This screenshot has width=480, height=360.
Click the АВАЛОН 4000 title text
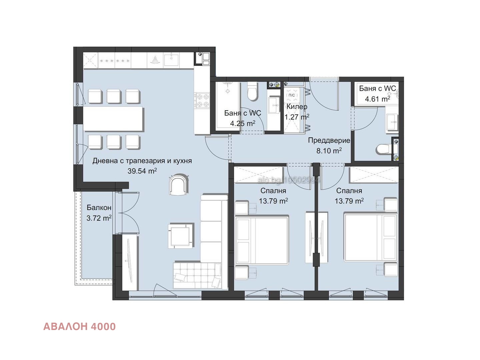click(79, 326)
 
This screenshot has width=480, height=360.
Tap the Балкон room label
click(99, 207)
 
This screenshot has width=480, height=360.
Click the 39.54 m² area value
click(142, 171)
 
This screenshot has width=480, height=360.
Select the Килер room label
click(297, 107)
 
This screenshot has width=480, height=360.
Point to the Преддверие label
click(329, 140)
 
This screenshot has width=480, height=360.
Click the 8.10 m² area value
click(329, 151)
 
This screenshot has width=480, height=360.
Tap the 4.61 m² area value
click(377, 99)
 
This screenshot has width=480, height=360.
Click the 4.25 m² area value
click(243, 123)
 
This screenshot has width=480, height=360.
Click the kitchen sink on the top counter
click(171, 59)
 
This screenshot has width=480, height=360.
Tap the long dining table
click(113, 119)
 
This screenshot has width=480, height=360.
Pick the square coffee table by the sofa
click(181, 236)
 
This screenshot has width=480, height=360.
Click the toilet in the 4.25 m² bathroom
click(252, 91)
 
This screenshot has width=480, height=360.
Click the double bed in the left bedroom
click(262, 240)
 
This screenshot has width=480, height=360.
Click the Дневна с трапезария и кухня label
click(142, 161)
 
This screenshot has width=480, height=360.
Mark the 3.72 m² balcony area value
click(99, 218)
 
